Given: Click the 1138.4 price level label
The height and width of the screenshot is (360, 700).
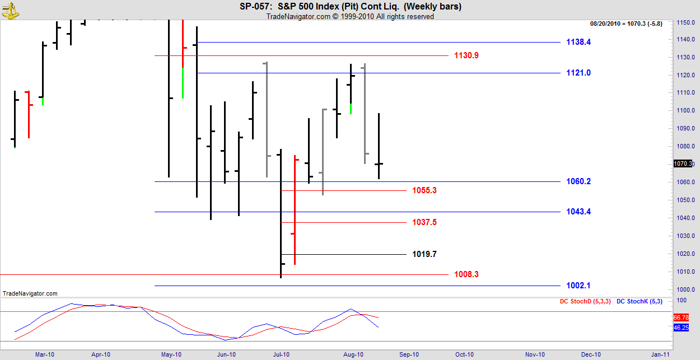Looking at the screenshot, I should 578,42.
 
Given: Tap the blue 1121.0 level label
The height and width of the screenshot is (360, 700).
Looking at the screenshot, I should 578,73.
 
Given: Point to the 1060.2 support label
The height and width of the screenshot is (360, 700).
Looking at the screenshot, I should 578,181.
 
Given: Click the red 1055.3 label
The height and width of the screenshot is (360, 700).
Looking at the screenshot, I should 424,190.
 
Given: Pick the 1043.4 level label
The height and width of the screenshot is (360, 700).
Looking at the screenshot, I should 578,212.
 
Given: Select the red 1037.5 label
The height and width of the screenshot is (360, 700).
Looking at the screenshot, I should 424,222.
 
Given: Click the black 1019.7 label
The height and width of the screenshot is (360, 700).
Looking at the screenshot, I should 424,254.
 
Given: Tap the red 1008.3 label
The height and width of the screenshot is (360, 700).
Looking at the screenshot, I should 466,274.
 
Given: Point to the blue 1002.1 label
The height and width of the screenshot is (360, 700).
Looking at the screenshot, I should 578,286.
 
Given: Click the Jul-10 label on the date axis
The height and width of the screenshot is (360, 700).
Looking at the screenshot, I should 281,354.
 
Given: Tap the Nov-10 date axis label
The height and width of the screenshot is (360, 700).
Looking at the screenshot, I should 535,354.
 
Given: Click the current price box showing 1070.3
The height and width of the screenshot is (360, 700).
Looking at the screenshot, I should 684,163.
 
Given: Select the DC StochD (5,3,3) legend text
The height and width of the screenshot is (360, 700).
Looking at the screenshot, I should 585,302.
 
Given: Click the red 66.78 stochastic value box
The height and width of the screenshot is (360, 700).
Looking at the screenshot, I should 680,317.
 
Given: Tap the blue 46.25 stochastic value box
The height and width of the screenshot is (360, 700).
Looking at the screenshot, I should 680,328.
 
